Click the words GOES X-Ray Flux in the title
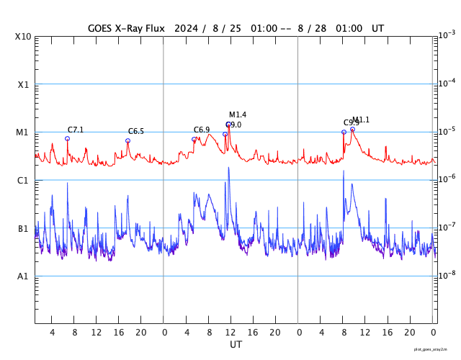(126, 28)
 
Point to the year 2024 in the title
(187, 28)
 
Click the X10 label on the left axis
(23, 37)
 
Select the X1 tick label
(23, 84)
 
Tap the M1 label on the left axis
(23, 132)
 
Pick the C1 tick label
(23, 180)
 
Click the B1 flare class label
(23, 228)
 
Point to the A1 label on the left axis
(23, 276)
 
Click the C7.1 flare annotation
(76, 130)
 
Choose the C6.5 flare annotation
(136, 131)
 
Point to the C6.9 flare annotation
(202, 130)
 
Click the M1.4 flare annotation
(238, 114)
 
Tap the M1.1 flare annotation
(361, 120)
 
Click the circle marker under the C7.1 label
(68, 138)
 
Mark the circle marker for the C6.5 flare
(128, 140)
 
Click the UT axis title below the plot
(236, 345)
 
